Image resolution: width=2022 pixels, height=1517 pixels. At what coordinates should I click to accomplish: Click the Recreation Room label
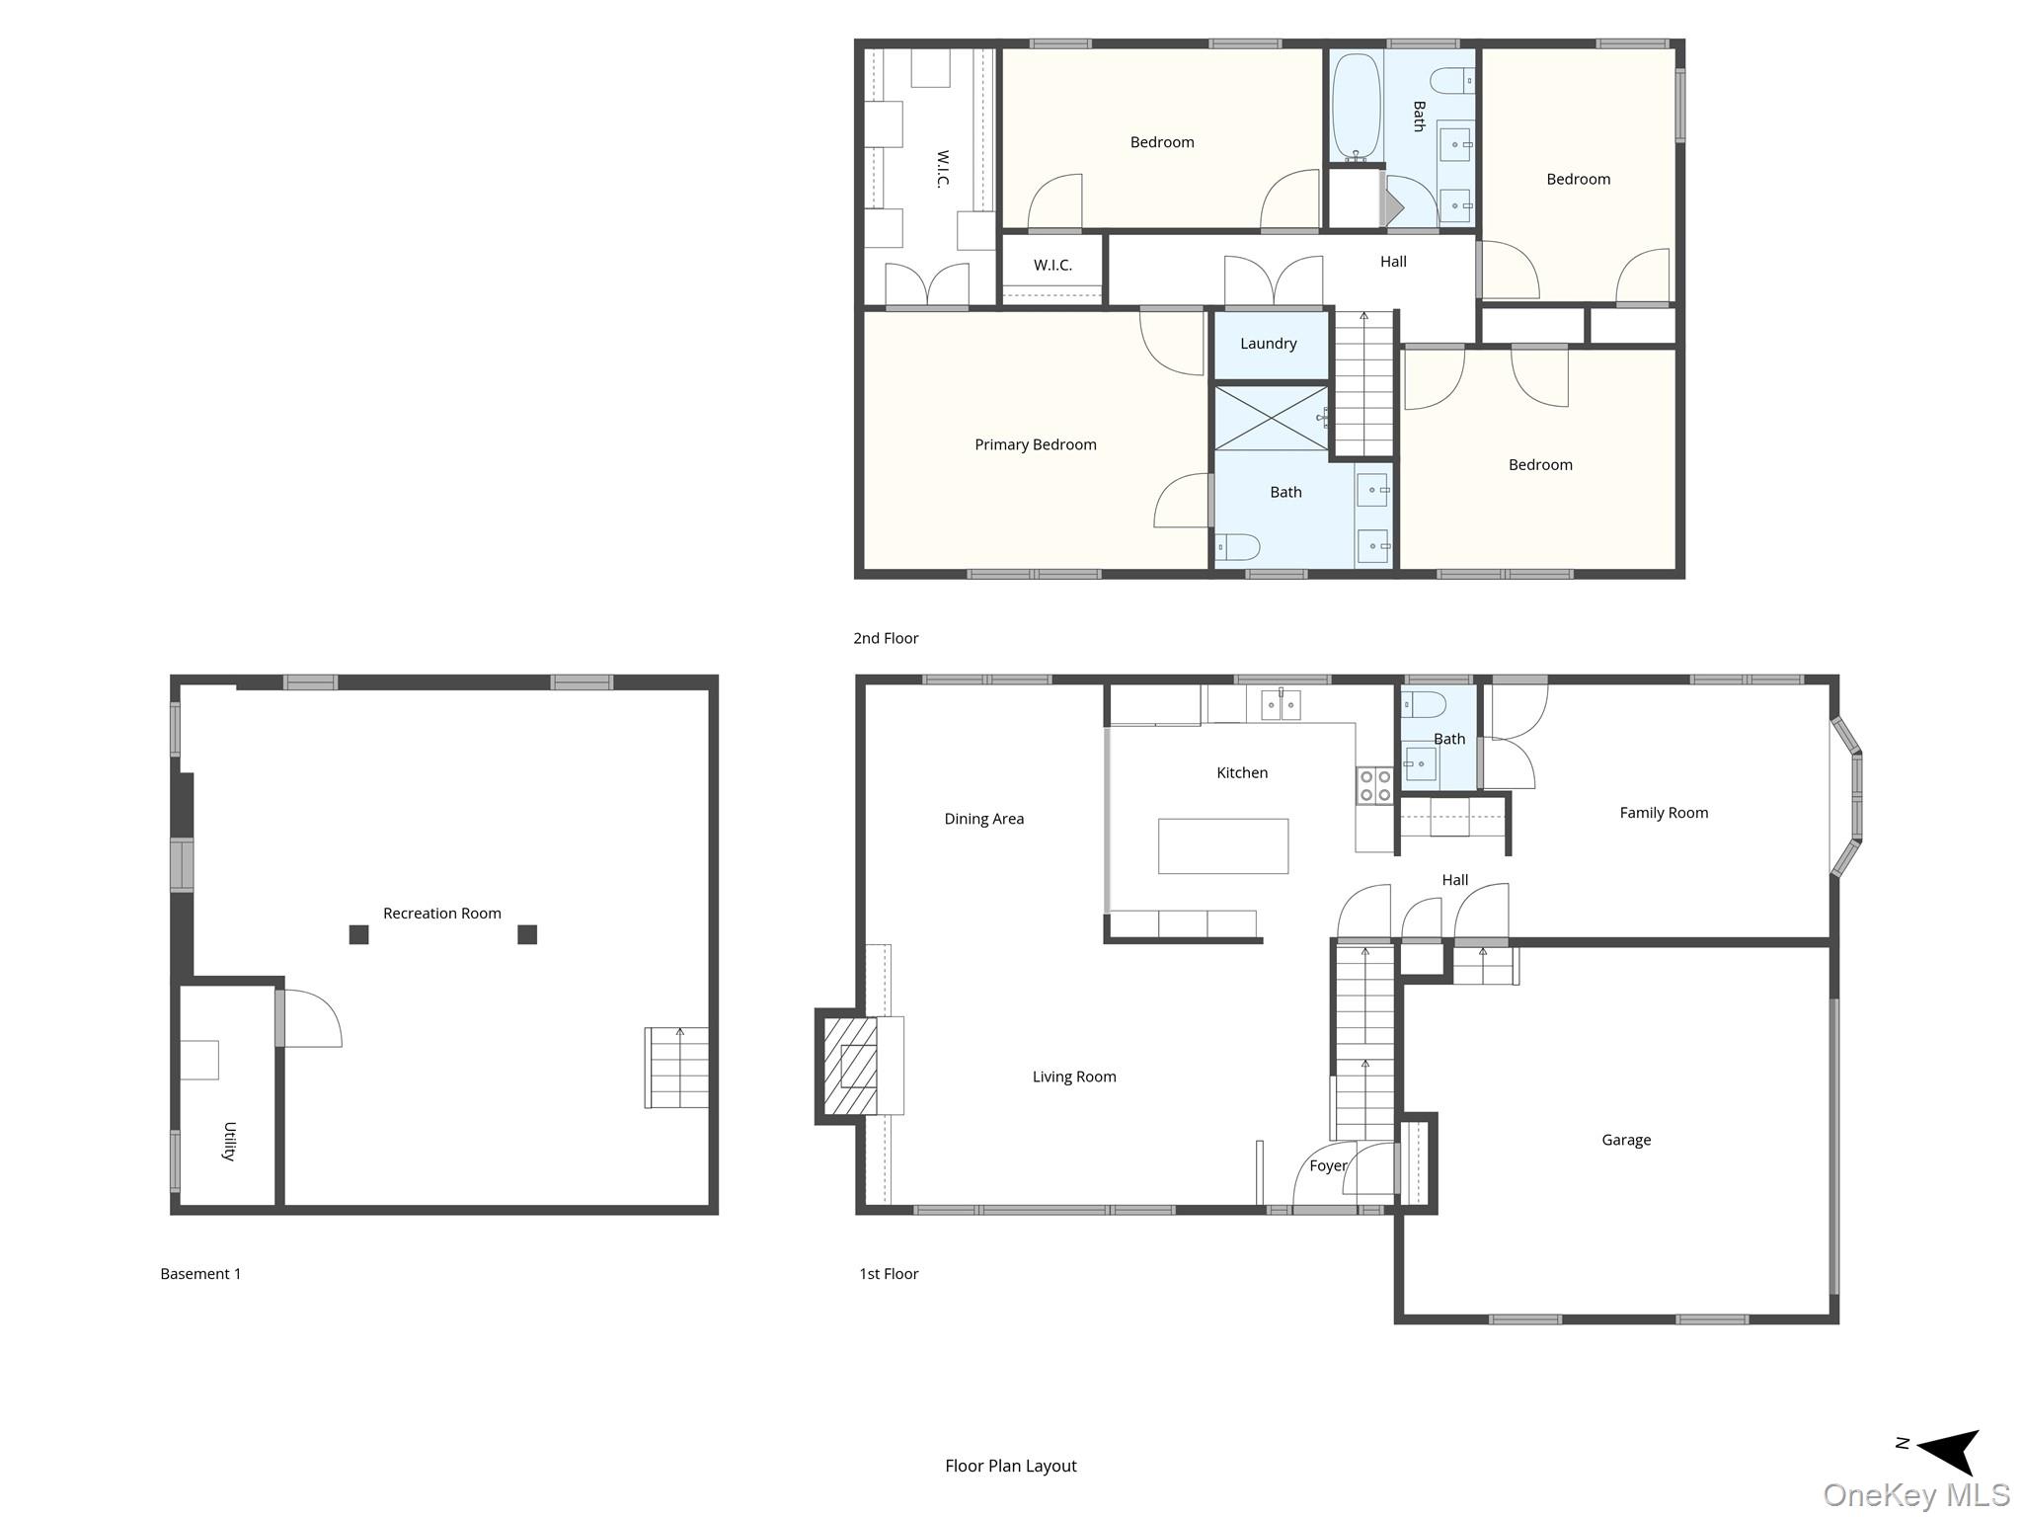[441, 914]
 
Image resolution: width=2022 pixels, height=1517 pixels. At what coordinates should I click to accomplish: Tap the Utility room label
[229, 1141]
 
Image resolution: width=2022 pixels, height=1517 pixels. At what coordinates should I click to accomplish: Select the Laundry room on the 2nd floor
[1269, 344]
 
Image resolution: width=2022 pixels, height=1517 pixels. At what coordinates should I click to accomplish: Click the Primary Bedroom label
[1035, 444]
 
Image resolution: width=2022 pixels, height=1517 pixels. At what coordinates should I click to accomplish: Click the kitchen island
[1222, 846]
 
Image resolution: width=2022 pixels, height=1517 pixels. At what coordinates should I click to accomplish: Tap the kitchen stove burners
[1374, 786]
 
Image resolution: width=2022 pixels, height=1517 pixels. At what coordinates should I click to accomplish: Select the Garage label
[1625, 1140]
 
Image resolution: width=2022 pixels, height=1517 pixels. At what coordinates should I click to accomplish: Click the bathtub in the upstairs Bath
[1356, 107]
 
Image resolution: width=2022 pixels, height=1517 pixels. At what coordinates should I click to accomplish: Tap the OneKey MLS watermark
[1915, 1495]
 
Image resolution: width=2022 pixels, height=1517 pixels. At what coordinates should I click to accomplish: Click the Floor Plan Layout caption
[1010, 1466]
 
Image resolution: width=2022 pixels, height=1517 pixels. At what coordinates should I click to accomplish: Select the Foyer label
[1327, 1165]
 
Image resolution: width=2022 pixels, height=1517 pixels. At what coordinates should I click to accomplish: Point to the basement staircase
[677, 1068]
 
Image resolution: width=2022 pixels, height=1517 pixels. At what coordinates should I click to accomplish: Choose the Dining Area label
[983, 819]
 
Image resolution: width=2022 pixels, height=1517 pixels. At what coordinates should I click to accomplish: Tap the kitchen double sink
[1281, 704]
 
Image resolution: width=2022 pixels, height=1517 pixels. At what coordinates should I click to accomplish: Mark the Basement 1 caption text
[200, 1274]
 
